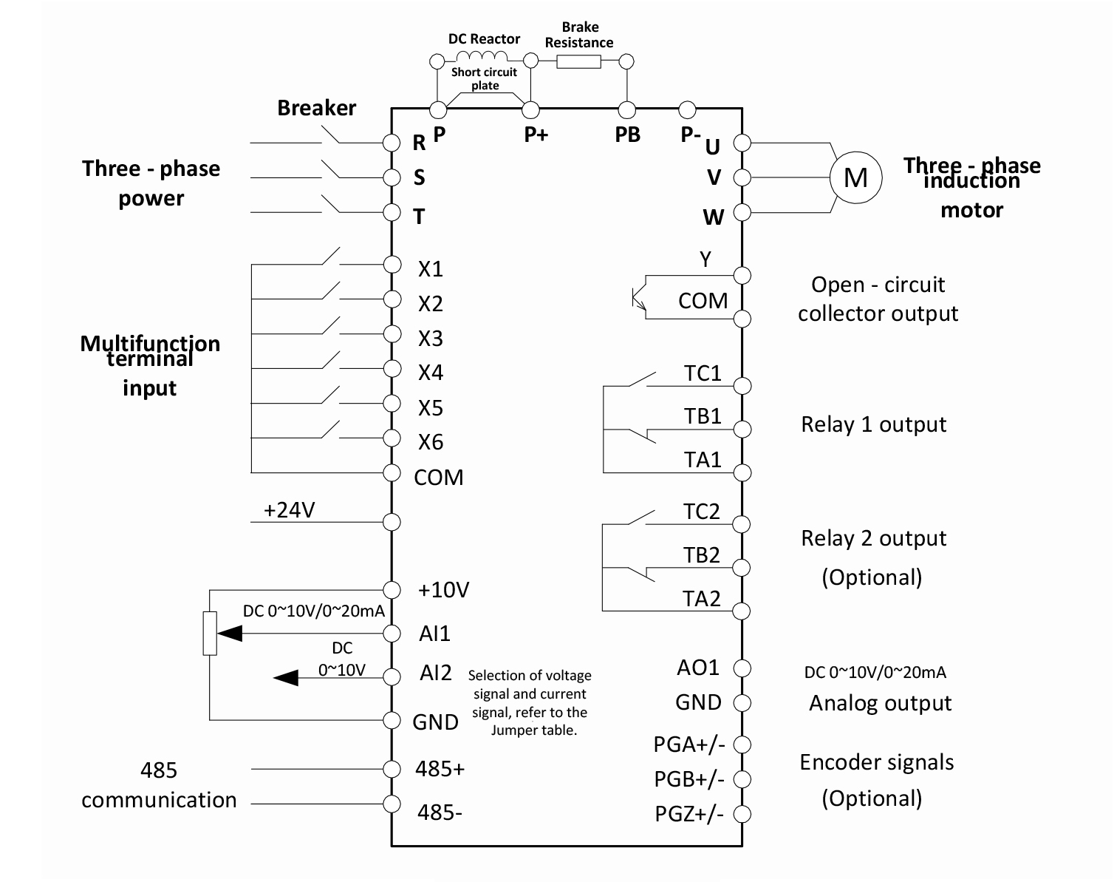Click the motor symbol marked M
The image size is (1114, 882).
coord(856,177)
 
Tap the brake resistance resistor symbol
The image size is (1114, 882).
coord(578,61)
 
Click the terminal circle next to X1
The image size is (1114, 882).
coord(392,264)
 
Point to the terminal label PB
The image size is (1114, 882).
coord(628,135)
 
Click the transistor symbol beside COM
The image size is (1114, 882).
coord(638,297)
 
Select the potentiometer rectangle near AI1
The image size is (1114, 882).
coord(211,633)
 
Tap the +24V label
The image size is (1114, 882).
coord(290,510)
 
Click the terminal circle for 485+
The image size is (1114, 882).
coord(392,768)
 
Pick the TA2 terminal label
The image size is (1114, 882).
coord(702,598)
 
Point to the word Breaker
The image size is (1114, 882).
coord(316,108)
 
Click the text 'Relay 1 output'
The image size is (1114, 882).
coord(873,424)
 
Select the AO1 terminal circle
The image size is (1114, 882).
coord(742,668)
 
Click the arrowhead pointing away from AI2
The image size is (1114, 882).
coord(287,677)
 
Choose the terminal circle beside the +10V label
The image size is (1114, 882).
coord(392,589)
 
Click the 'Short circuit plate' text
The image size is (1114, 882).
coord(485,78)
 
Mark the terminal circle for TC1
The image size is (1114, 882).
coord(742,385)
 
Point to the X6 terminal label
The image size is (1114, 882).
coord(431,442)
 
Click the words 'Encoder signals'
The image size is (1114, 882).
coord(877,762)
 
